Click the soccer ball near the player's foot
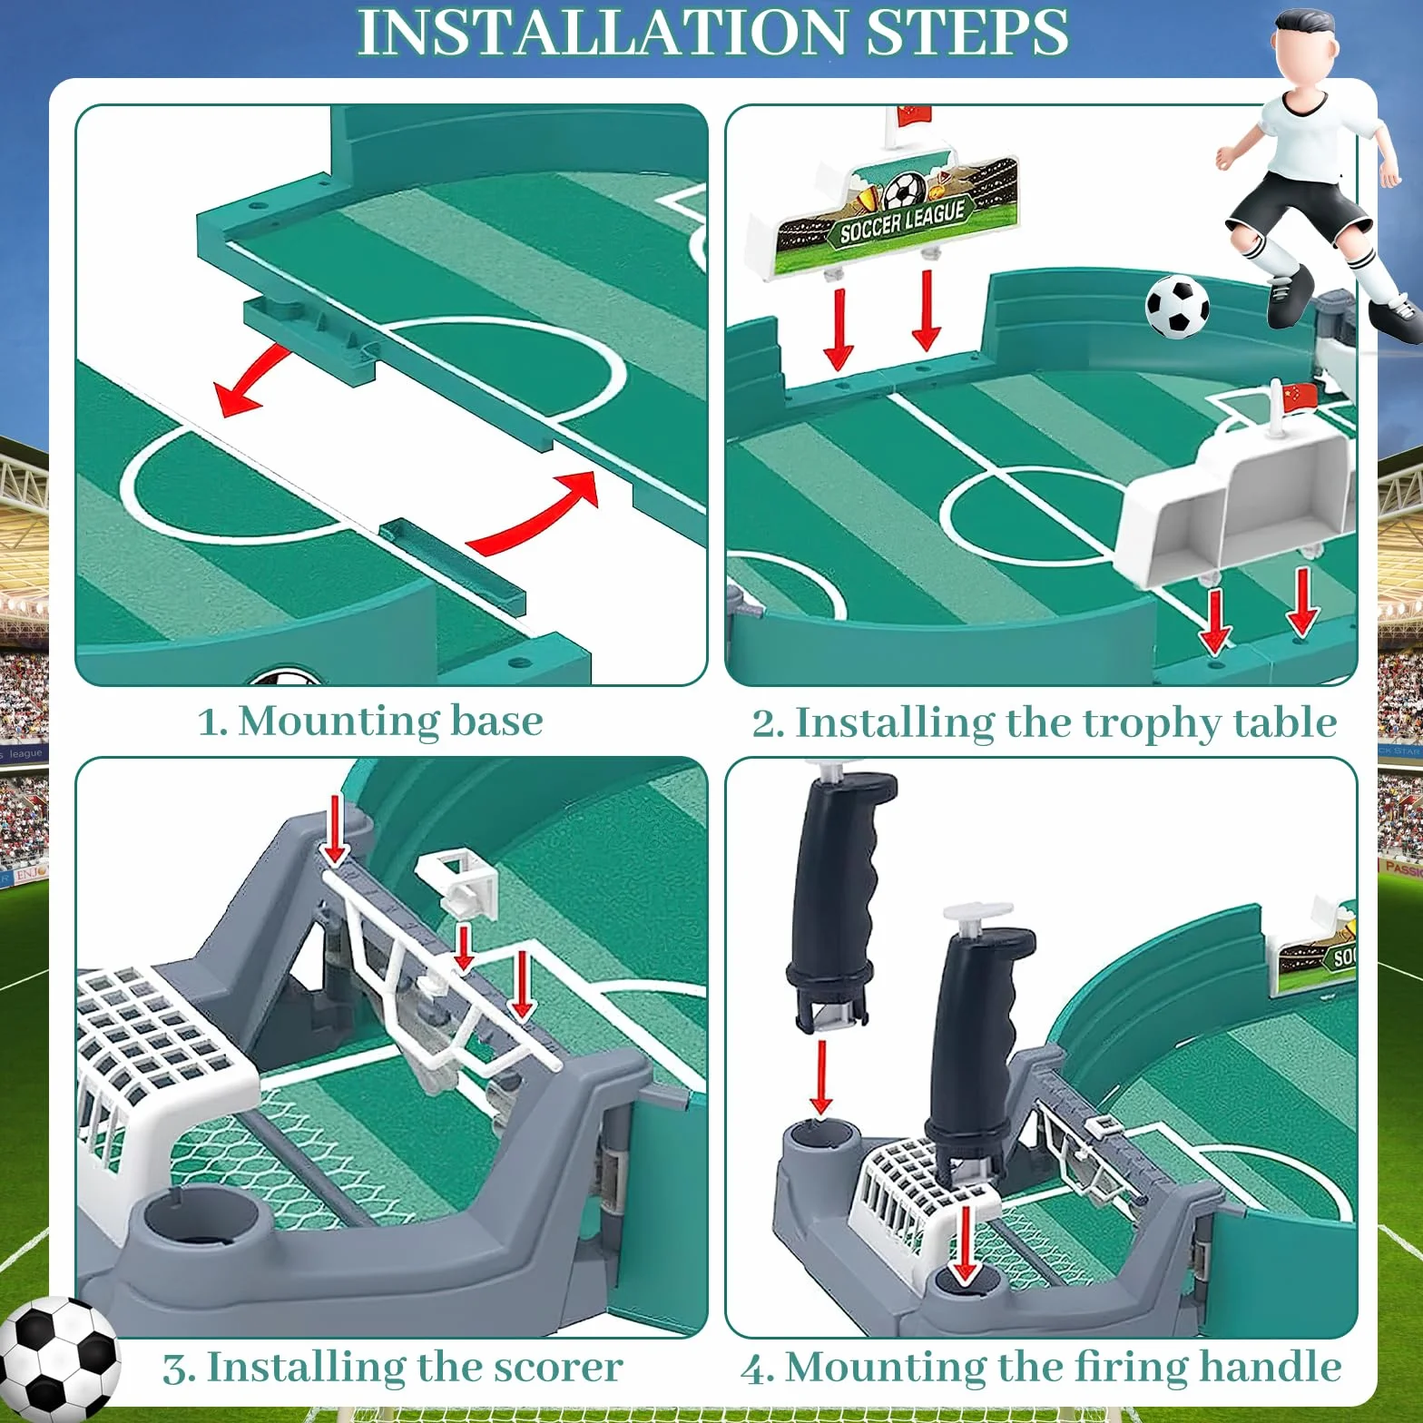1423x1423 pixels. point(1177,308)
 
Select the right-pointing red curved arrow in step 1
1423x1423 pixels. point(535,513)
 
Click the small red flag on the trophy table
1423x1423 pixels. point(1299,396)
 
